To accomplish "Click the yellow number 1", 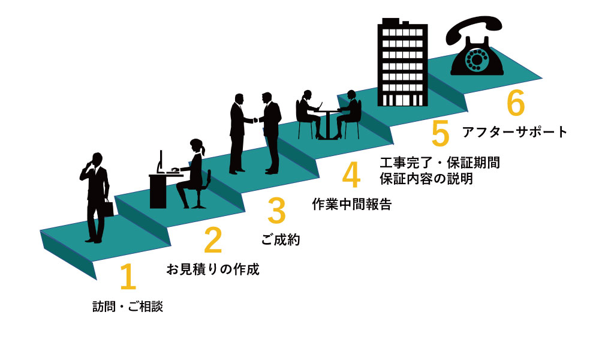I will [x=128, y=277].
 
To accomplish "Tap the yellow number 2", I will [x=212, y=240].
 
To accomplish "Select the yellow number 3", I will [x=276, y=211].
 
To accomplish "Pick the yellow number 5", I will [x=440, y=133].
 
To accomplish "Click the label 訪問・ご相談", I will [x=128, y=307].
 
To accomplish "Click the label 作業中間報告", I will [x=352, y=204].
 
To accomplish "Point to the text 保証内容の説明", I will [x=426, y=178].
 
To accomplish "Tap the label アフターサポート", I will [x=514, y=132].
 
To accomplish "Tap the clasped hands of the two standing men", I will [x=257, y=120].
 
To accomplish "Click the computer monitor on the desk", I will [x=161, y=161].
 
